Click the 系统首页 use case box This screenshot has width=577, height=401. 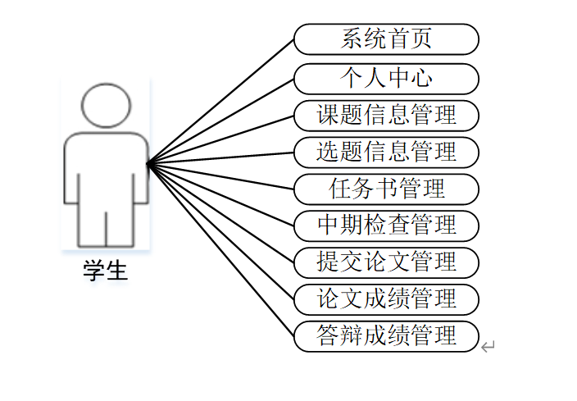386,39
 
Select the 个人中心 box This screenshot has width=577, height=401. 386,78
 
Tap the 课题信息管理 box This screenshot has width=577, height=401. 386,115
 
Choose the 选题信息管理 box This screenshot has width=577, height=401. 386,152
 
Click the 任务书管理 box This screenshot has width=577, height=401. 386,189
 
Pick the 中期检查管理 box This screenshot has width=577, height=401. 386,225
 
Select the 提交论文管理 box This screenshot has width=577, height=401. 386,262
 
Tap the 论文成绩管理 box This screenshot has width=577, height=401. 386,298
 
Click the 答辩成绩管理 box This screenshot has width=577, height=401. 386,335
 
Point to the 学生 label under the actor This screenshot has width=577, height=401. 106,271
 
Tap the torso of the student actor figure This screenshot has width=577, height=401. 106,168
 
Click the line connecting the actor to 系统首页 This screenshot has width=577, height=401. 221,101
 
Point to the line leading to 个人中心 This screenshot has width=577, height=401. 221,121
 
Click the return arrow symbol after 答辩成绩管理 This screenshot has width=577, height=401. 488,347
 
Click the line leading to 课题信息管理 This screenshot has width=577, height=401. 221,139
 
